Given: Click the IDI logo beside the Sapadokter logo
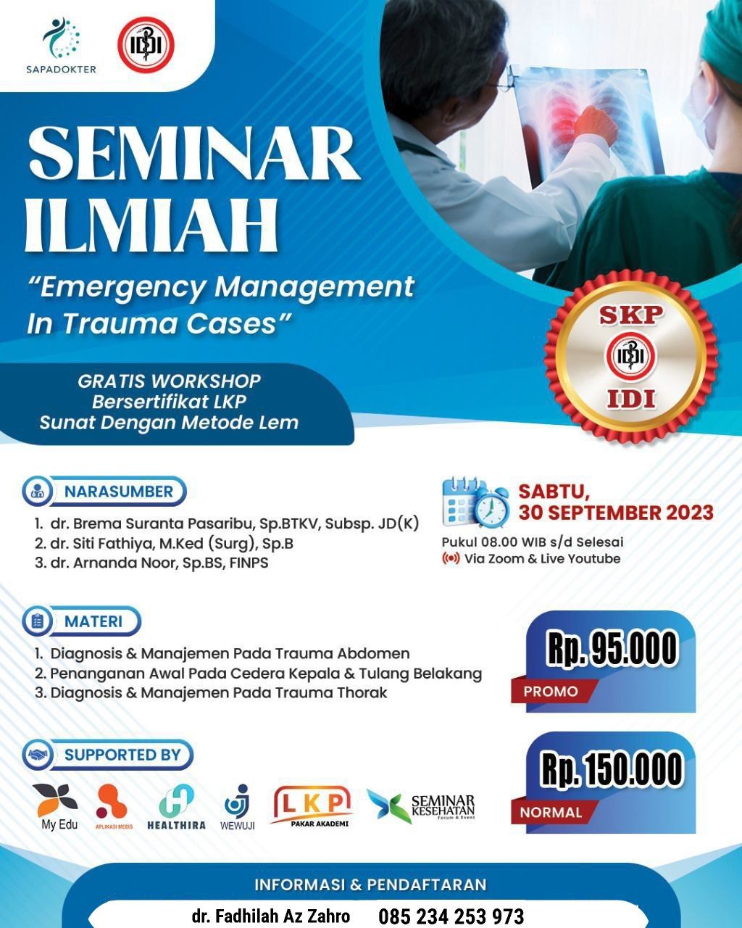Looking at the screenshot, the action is point(146,44).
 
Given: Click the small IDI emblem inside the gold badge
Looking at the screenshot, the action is point(630,357).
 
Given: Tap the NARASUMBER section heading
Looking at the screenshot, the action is point(119,491).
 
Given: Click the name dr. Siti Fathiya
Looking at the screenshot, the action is point(102,543).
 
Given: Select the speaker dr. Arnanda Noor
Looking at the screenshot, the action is point(114,563).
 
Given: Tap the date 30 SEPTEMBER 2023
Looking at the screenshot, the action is point(616,513).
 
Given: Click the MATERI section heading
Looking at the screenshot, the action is point(93,621).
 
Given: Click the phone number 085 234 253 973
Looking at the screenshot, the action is point(451,916).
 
